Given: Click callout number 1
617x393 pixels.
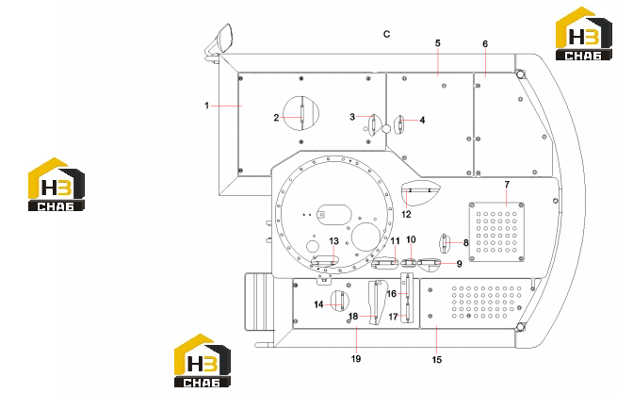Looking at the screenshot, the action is pyautogui.click(x=206, y=106).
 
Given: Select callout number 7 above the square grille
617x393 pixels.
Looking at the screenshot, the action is pyautogui.click(x=507, y=184).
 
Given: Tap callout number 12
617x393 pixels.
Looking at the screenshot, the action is pyautogui.click(x=406, y=214).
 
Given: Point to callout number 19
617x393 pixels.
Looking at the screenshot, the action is pyautogui.click(x=356, y=359).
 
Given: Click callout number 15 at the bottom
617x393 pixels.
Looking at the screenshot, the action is pyautogui.click(x=437, y=359).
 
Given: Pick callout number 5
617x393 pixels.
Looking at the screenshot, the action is pyautogui.click(x=438, y=43).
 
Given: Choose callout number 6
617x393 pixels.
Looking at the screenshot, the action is pyautogui.click(x=485, y=43).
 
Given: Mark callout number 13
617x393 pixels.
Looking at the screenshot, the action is pyautogui.click(x=333, y=241).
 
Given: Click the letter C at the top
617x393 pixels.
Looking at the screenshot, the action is pyautogui.click(x=387, y=34).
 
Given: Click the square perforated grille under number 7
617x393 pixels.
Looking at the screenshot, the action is pyautogui.click(x=496, y=232).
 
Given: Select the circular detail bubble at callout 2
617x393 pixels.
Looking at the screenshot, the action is pyautogui.click(x=301, y=113).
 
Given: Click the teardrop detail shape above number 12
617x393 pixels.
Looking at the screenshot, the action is pyautogui.click(x=420, y=193).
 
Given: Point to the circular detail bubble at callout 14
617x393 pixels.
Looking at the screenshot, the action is pyautogui.click(x=340, y=301).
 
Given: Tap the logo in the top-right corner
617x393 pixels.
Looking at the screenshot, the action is pyautogui.click(x=583, y=34).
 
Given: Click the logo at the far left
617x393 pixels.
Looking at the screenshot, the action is pyautogui.click(x=57, y=185).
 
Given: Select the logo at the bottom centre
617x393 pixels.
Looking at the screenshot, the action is pyautogui.click(x=203, y=361).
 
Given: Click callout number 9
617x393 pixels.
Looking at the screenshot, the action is pyautogui.click(x=459, y=264).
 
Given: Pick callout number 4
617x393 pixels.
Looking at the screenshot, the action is pyautogui.click(x=422, y=120).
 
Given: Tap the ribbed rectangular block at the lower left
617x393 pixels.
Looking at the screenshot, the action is pyautogui.click(x=258, y=302).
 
